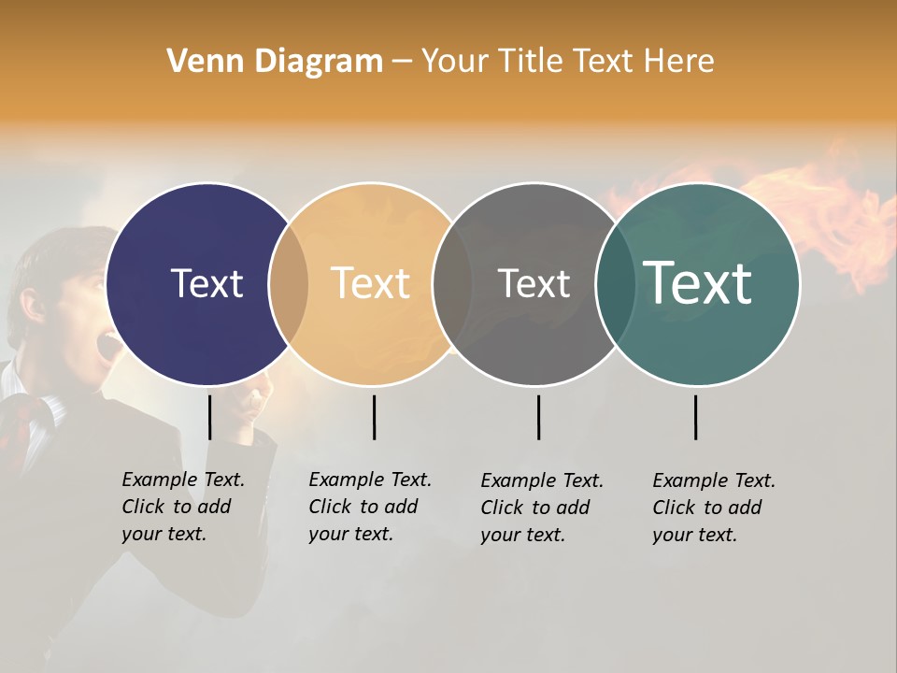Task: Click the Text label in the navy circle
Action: point(206,283)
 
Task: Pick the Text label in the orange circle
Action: point(371,283)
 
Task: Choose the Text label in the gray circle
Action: point(534,283)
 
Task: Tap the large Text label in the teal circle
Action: point(697,282)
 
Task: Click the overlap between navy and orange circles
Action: point(288,284)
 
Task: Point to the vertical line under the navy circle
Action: point(209,417)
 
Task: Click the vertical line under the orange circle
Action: point(374,417)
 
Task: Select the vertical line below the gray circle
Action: point(538,417)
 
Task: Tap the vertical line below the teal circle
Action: point(695,417)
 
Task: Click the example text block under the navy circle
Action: point(182,507)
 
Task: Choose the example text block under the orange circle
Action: point(369,507)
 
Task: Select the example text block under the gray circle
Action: point(541,508)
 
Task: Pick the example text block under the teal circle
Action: point(713,508)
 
